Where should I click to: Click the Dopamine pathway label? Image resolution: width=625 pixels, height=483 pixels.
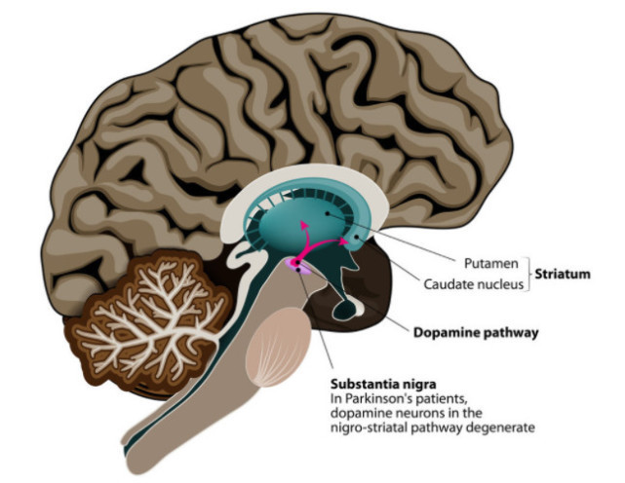point(468,332)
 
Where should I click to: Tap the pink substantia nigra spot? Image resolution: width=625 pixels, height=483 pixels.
point(296,263)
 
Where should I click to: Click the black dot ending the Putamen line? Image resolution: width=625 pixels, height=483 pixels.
point(328,213)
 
